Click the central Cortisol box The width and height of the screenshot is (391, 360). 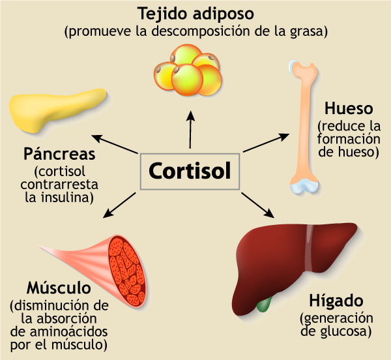(x=190, y=171)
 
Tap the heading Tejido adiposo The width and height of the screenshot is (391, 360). (x=195, y=13)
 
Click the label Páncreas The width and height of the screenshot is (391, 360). (x=59, y=155)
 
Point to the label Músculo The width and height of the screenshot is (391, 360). (x=58, y=288)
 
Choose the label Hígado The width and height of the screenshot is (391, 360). (x=336, y=301)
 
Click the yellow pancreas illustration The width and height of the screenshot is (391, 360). (x=55, y=108)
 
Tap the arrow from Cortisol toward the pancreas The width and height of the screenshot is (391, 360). (x=115, y=144)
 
